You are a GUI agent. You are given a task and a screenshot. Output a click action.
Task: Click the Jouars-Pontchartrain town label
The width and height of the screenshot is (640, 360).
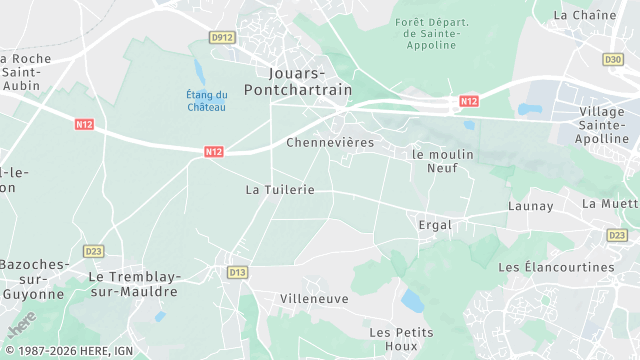pyautogui.click(x=311, y=82)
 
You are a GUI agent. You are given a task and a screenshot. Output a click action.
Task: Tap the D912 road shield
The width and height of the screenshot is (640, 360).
pyautogui.click(x=222, y=37)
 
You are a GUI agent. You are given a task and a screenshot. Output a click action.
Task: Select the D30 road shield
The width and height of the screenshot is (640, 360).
pyautogui.click(x=613, y=60)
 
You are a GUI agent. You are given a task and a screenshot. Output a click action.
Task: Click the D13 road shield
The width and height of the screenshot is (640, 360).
pyautogui.click(x=237, y=272)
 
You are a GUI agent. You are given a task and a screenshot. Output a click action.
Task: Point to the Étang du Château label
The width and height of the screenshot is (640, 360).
pyautogui.click(x=206, y=101)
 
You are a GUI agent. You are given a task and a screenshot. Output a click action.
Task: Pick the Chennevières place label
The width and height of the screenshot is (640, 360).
pyautogui.click(x=330, y=143)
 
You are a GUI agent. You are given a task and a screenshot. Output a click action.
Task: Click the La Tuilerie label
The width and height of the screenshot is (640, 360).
pyautogui.click(x=280, y=189)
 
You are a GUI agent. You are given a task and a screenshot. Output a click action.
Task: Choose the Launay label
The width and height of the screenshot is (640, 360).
pyautogui.click(x=530, y=206)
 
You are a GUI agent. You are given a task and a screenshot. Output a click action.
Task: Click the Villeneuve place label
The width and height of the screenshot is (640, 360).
pyautogui.click(x=314, y=298)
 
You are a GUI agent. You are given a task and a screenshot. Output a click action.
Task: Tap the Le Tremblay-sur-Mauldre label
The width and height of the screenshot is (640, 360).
pyautogui.click(x=132, y=283)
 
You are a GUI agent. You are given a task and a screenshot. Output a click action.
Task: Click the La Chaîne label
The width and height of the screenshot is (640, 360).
pyautogui.click(x=585, y=15)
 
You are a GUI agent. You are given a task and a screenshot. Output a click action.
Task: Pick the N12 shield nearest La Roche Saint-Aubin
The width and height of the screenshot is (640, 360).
pyautogui.click(x=85, y=124)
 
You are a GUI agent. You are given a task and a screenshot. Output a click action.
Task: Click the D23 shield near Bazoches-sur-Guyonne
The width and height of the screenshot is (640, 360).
pyautogui.click(x=94, y=251)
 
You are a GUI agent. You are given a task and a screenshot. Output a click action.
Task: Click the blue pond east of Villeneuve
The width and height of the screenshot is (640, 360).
pyautogui.click(x=412, y=300)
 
